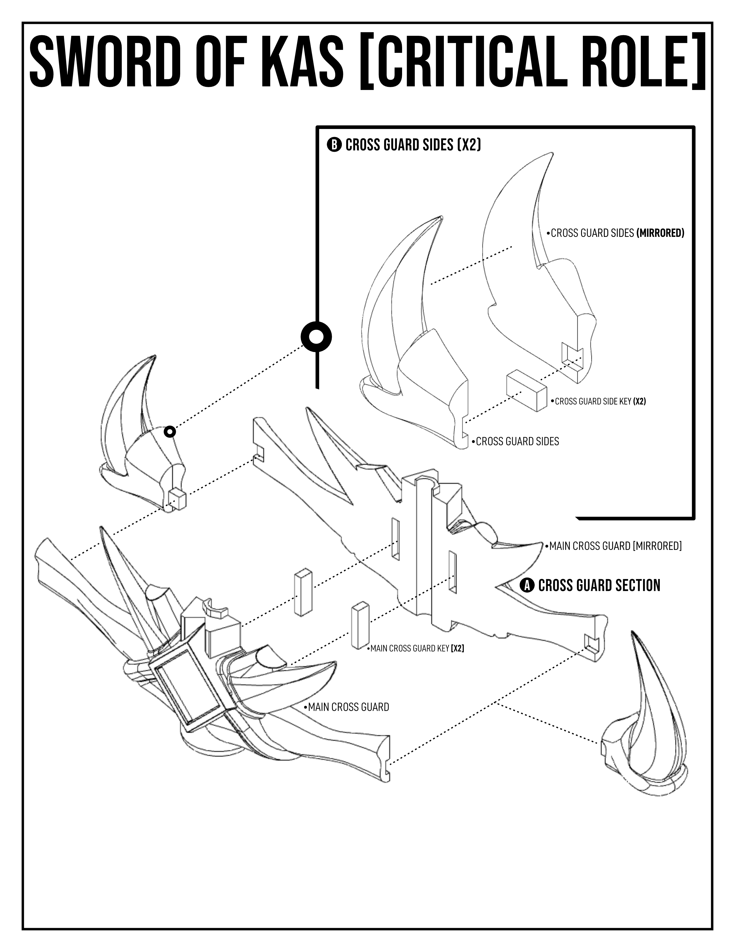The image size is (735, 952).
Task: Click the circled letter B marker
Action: point(334,145)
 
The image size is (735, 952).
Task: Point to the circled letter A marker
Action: point(527,585)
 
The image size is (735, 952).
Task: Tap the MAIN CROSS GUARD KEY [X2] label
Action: point(417,648)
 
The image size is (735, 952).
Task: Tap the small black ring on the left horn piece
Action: point(170,432)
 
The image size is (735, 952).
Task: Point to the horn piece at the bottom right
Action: point(644,722)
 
